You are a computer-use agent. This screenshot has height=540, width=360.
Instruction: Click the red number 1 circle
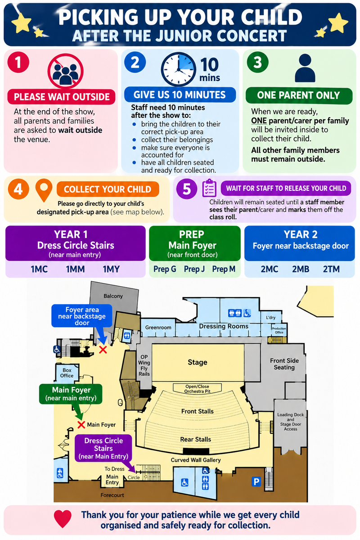pos(18,62)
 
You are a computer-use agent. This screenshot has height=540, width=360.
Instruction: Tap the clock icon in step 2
pos(179,69)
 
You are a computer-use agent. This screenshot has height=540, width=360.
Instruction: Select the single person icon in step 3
pos(305,68)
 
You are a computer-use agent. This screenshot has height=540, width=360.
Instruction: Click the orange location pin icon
pos(44,190)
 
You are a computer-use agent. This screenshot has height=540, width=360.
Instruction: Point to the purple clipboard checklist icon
pos(209,188)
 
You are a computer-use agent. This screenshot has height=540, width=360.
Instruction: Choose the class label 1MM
pos(75,269)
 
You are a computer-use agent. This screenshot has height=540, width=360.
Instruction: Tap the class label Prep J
pos(194,269)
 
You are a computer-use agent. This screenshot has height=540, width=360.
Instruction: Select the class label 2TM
pos(331,269)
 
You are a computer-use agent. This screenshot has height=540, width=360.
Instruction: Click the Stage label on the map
pos(198,362)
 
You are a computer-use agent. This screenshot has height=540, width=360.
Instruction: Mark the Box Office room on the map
pos(67,373)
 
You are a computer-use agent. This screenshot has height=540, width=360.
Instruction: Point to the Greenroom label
pos(158,328)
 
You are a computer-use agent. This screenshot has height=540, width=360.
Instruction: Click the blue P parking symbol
pos(256,481)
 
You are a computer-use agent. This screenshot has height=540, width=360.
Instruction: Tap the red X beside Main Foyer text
pos(81,425)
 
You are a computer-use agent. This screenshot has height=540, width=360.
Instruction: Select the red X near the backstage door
pos(103,350)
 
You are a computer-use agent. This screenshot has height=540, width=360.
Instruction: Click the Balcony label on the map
pos(113,296)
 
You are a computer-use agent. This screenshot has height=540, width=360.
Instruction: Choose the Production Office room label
pos(279,330)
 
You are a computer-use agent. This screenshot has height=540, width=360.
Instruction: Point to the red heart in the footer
pos(63,519)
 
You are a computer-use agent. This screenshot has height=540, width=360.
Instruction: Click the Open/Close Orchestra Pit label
pos(197,389)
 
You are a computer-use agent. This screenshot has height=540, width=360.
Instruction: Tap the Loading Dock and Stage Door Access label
pos(290,422)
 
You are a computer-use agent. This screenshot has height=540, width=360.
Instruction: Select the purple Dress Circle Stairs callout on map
pos(103,448)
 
